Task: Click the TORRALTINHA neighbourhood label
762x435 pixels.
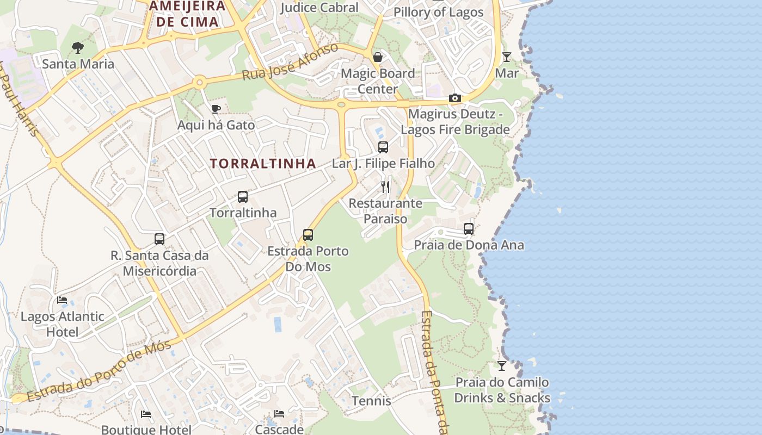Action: point(263,163)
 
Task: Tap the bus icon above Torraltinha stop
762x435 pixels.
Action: point(243,197)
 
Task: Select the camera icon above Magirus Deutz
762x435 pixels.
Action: point(454,98)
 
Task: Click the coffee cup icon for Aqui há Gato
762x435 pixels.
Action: point(216,109)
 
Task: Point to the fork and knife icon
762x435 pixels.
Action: point(385,187)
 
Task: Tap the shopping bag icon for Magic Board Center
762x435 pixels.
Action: point(378,57)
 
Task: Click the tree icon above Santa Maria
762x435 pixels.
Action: point(78,48)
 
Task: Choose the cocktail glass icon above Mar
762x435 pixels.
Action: point(507,57)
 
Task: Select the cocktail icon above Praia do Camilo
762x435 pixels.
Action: point(502,366)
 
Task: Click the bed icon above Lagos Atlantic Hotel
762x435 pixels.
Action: point(62,300)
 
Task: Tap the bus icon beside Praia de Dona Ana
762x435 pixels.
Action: point(469,229)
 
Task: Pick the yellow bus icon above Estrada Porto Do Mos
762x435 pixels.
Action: point(308,235)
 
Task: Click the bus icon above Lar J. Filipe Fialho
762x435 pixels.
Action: point(383,147)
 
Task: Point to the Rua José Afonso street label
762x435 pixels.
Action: point(290,62)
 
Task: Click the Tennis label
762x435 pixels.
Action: point(371,401)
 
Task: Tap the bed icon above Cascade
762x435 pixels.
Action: point(279,414)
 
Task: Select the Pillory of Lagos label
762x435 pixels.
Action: point(438,12)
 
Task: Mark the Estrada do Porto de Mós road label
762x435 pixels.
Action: point(100,371)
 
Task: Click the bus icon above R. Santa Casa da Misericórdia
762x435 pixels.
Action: point(159,239)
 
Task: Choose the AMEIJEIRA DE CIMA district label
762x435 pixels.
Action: point(187,14)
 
